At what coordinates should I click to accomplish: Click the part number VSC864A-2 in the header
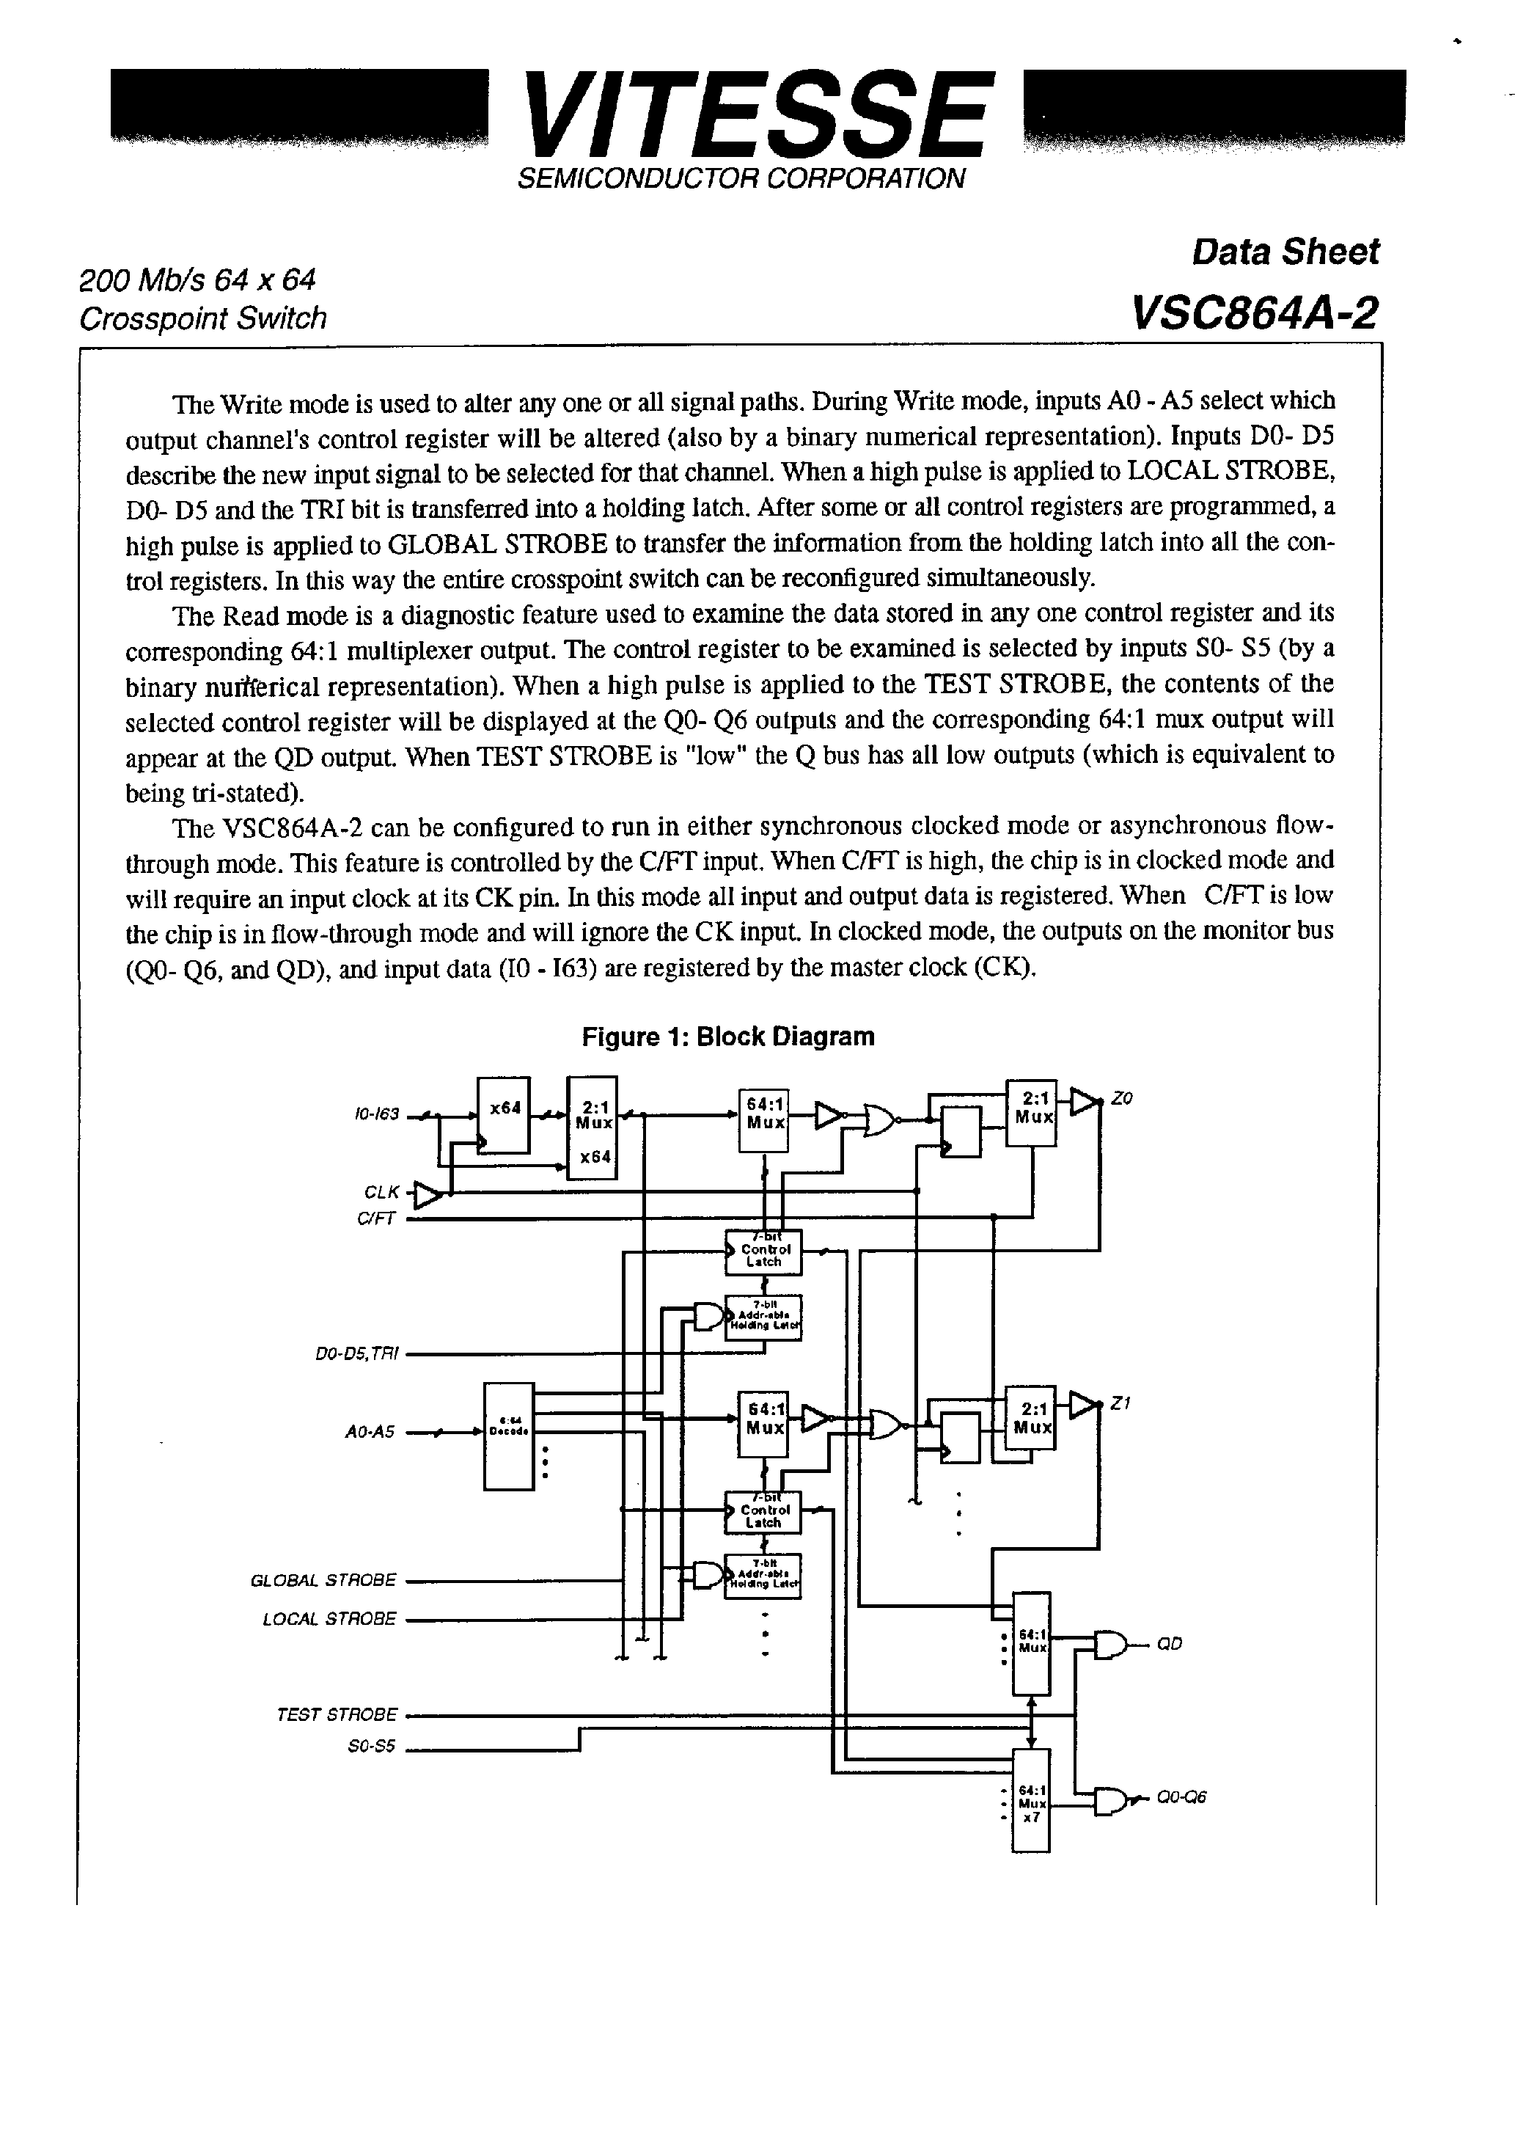click(x=1254, y=313)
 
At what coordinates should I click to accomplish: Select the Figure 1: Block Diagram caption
click(x=727, y=1037)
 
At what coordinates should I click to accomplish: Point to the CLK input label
click(x=381, y=1192)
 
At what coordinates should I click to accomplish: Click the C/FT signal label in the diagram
click(x=376, y=1218)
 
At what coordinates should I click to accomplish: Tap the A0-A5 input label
click(x=370, y=1432)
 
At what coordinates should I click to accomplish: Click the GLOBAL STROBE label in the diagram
click(x=323, y=1580)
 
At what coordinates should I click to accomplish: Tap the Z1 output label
click(x=1120, y=1403)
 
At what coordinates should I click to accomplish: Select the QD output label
click(x=1169, y=1644)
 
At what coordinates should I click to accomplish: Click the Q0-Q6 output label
click(x=1181, y=1796)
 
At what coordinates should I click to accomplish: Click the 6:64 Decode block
click(x=508, y=1436)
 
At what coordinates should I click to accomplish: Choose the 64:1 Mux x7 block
click(x=1031, y=1799)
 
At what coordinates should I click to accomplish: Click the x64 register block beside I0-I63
click(x=504, y=1115)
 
